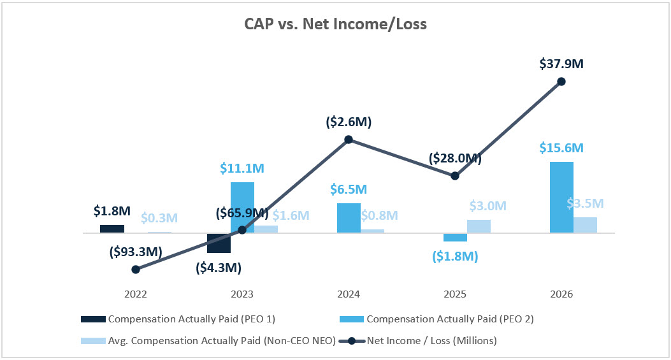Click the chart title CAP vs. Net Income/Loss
pos(335,25)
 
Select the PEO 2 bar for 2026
pos(561,198)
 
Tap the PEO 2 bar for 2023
pos(242,207)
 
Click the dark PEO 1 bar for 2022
pos(112,229)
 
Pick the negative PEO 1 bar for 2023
pos(219,243)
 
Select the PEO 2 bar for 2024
pos(349,218)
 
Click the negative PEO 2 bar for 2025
pos(455,237)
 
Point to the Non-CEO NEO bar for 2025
pos(479,226)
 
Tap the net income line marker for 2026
pos(561,81)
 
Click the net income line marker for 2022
pos(136,270)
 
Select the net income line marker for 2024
pos(349,140)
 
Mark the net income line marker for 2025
pos(455,176)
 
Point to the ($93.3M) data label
pos(136,252)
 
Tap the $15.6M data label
pos(561,147)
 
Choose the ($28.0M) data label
pos(455,158)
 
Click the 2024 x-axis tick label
pos(349,294)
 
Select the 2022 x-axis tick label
pos(136,294)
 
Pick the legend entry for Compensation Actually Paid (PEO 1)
pos(178,319)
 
